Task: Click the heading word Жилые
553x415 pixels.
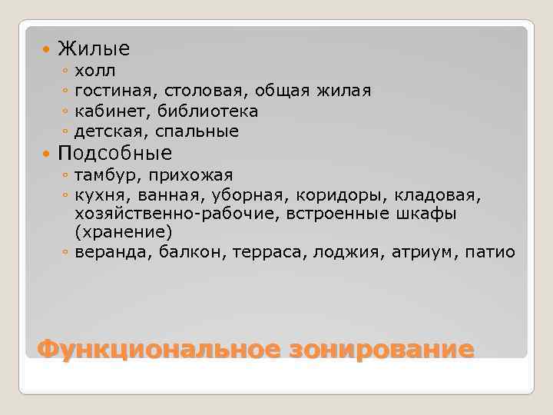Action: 94,49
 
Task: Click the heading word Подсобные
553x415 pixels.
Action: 114,152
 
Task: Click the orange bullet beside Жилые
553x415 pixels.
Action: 46,50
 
